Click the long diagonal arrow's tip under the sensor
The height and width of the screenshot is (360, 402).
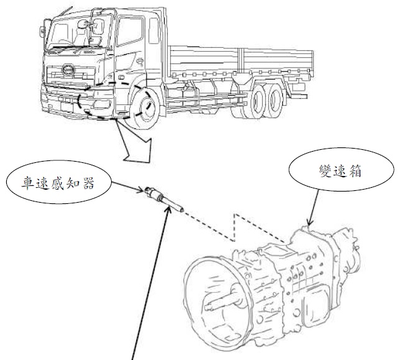click(168, 209)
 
